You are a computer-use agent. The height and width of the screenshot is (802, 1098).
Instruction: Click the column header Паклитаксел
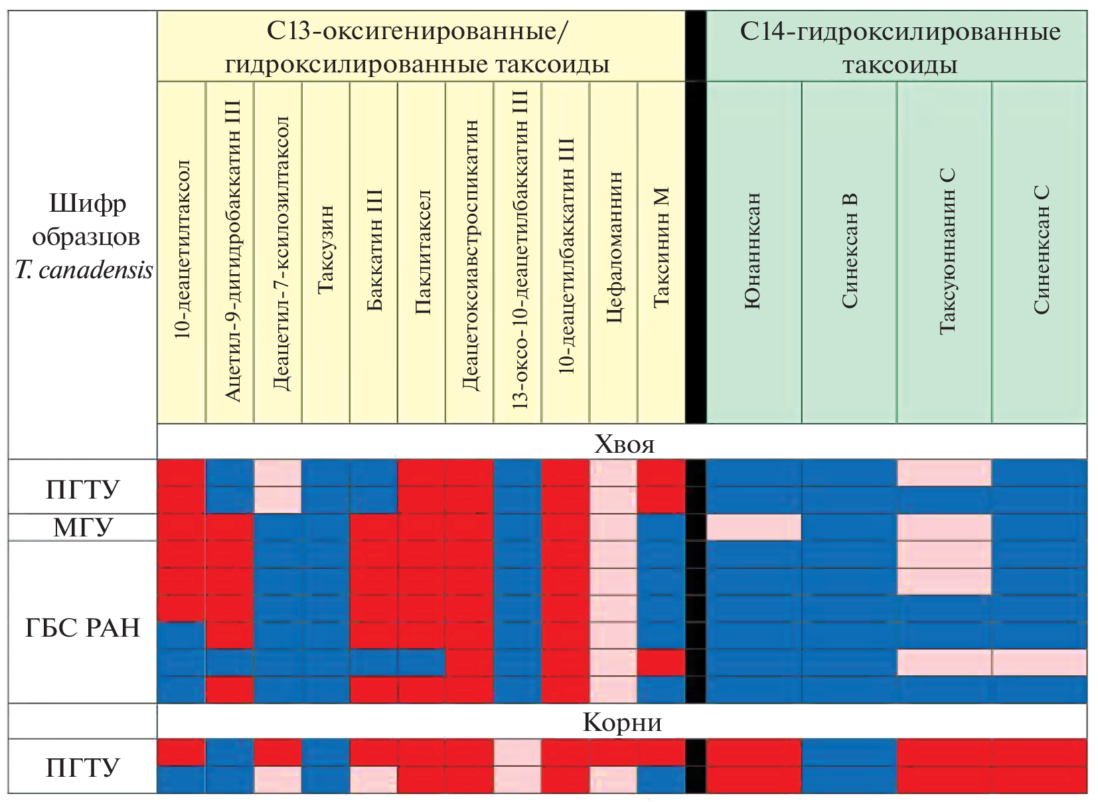[x=422, y=252]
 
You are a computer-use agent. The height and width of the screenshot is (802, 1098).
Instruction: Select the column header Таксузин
[x=325, y=250]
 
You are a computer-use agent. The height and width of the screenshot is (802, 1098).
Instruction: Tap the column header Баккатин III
[x=374, y=250]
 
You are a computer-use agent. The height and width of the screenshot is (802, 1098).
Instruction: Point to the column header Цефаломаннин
[x=614, y=247]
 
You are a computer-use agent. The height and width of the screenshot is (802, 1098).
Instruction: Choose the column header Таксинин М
[x=662, y=247]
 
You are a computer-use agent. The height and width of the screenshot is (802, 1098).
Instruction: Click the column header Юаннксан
[x=753, y=251]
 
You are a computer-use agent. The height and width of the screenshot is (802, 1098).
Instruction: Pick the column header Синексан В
[x=850, y=251]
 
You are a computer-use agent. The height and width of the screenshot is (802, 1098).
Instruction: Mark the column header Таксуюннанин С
[x=946, y=251]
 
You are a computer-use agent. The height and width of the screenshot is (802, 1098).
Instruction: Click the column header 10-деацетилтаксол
[x=183, y=250]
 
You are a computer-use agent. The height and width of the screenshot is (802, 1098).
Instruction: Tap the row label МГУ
[x=83, y=527]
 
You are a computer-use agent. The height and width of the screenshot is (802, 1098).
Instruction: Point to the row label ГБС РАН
[x=83, y=627]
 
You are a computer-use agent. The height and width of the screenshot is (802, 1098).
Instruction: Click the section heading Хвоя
[x=624, y=443]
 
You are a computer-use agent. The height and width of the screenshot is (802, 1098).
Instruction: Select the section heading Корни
[x=622, y=722]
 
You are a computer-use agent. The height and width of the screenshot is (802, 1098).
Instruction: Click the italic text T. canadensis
[x=84, y=270]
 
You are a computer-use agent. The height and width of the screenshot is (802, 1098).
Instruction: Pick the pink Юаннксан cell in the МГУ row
[x=754, y=527]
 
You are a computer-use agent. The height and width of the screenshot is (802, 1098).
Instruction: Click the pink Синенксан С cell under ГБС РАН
[x=1040, y=663]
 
